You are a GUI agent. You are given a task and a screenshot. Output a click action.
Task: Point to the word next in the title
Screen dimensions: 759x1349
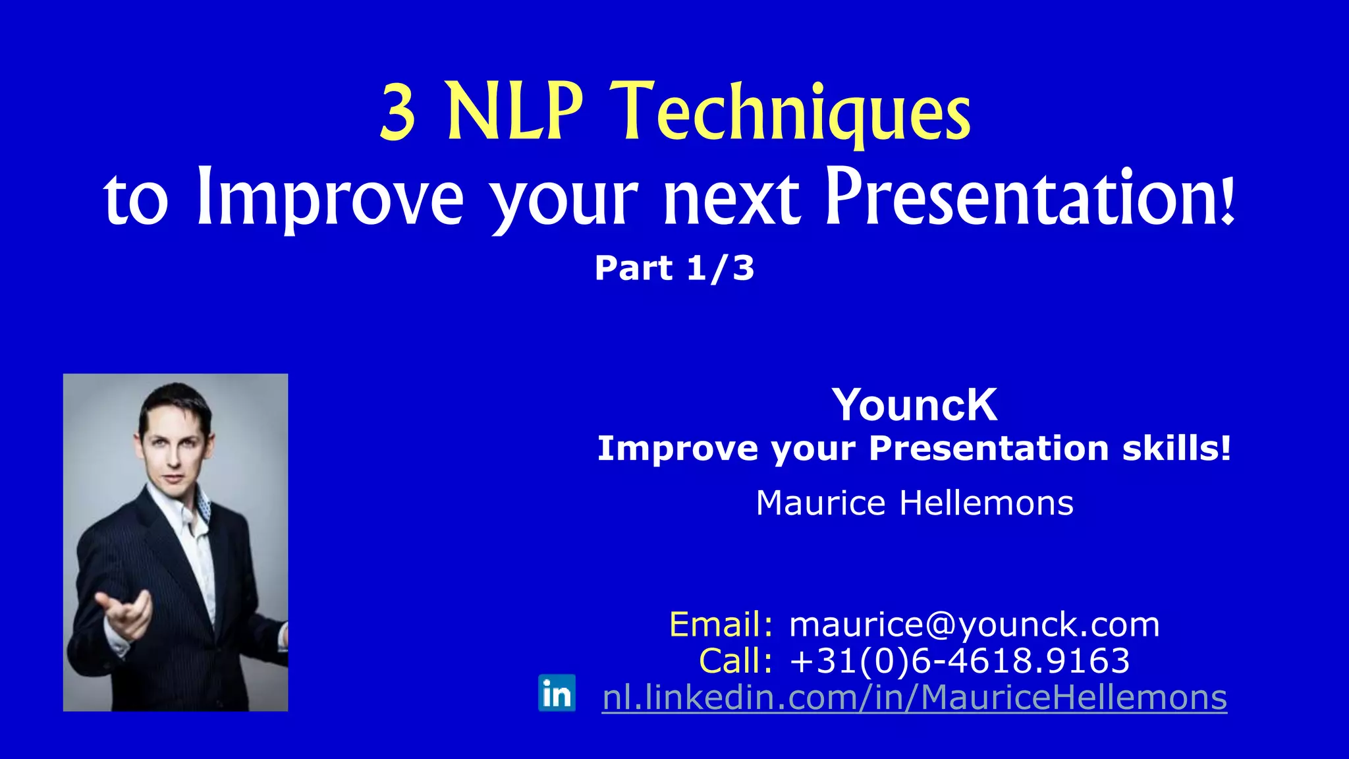731,198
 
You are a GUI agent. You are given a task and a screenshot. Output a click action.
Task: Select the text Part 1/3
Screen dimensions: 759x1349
674,268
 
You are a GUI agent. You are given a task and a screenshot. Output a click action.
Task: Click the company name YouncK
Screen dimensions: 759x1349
914,405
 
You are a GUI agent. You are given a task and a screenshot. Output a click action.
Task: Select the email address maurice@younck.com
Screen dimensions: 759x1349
974,624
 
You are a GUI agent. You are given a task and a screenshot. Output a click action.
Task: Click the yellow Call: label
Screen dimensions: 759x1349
735,661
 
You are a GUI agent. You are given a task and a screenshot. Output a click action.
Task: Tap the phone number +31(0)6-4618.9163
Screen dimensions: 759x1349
960,661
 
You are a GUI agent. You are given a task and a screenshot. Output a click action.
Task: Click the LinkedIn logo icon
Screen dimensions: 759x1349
557,693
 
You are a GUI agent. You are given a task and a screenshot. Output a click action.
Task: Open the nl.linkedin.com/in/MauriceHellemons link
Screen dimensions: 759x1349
914,697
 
